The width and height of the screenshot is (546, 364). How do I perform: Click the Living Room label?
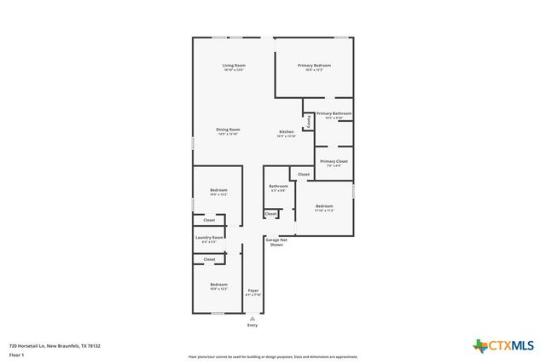click(x=234, y=65)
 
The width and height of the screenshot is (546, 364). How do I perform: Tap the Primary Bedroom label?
click(x=314, y=65)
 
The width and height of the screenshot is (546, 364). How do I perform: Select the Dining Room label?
click(x=228, y=130)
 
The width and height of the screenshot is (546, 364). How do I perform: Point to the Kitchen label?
click(x=287, y=131)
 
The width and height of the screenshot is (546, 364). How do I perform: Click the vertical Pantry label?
click(x=308, y=122)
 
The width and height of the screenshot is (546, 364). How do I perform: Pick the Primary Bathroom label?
click(x=334, y=113)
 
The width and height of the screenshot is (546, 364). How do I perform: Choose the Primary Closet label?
click(x=334, y=161)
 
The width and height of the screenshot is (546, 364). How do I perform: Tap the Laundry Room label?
click(x=209, y=237)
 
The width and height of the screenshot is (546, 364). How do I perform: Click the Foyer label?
click(x=253, y=291)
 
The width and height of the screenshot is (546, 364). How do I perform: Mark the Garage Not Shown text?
click(x=276, y=242)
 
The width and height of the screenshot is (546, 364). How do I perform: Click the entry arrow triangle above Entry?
click(x=252, y=318)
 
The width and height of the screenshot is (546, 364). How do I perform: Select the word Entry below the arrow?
click(x=252, y=326)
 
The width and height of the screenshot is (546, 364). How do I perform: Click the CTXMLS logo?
click(x=503, y=344)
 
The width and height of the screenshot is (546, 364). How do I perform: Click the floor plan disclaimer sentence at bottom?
click(x=273, y=356)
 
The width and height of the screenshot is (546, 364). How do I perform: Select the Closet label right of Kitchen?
click(x=304, y=174)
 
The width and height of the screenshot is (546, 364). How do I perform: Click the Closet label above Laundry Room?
click(x=209, y=220)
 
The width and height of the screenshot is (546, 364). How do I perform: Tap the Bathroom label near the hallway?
click(x=278, y=186)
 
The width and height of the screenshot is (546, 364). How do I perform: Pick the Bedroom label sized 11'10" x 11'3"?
click(x=324, y=205)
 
